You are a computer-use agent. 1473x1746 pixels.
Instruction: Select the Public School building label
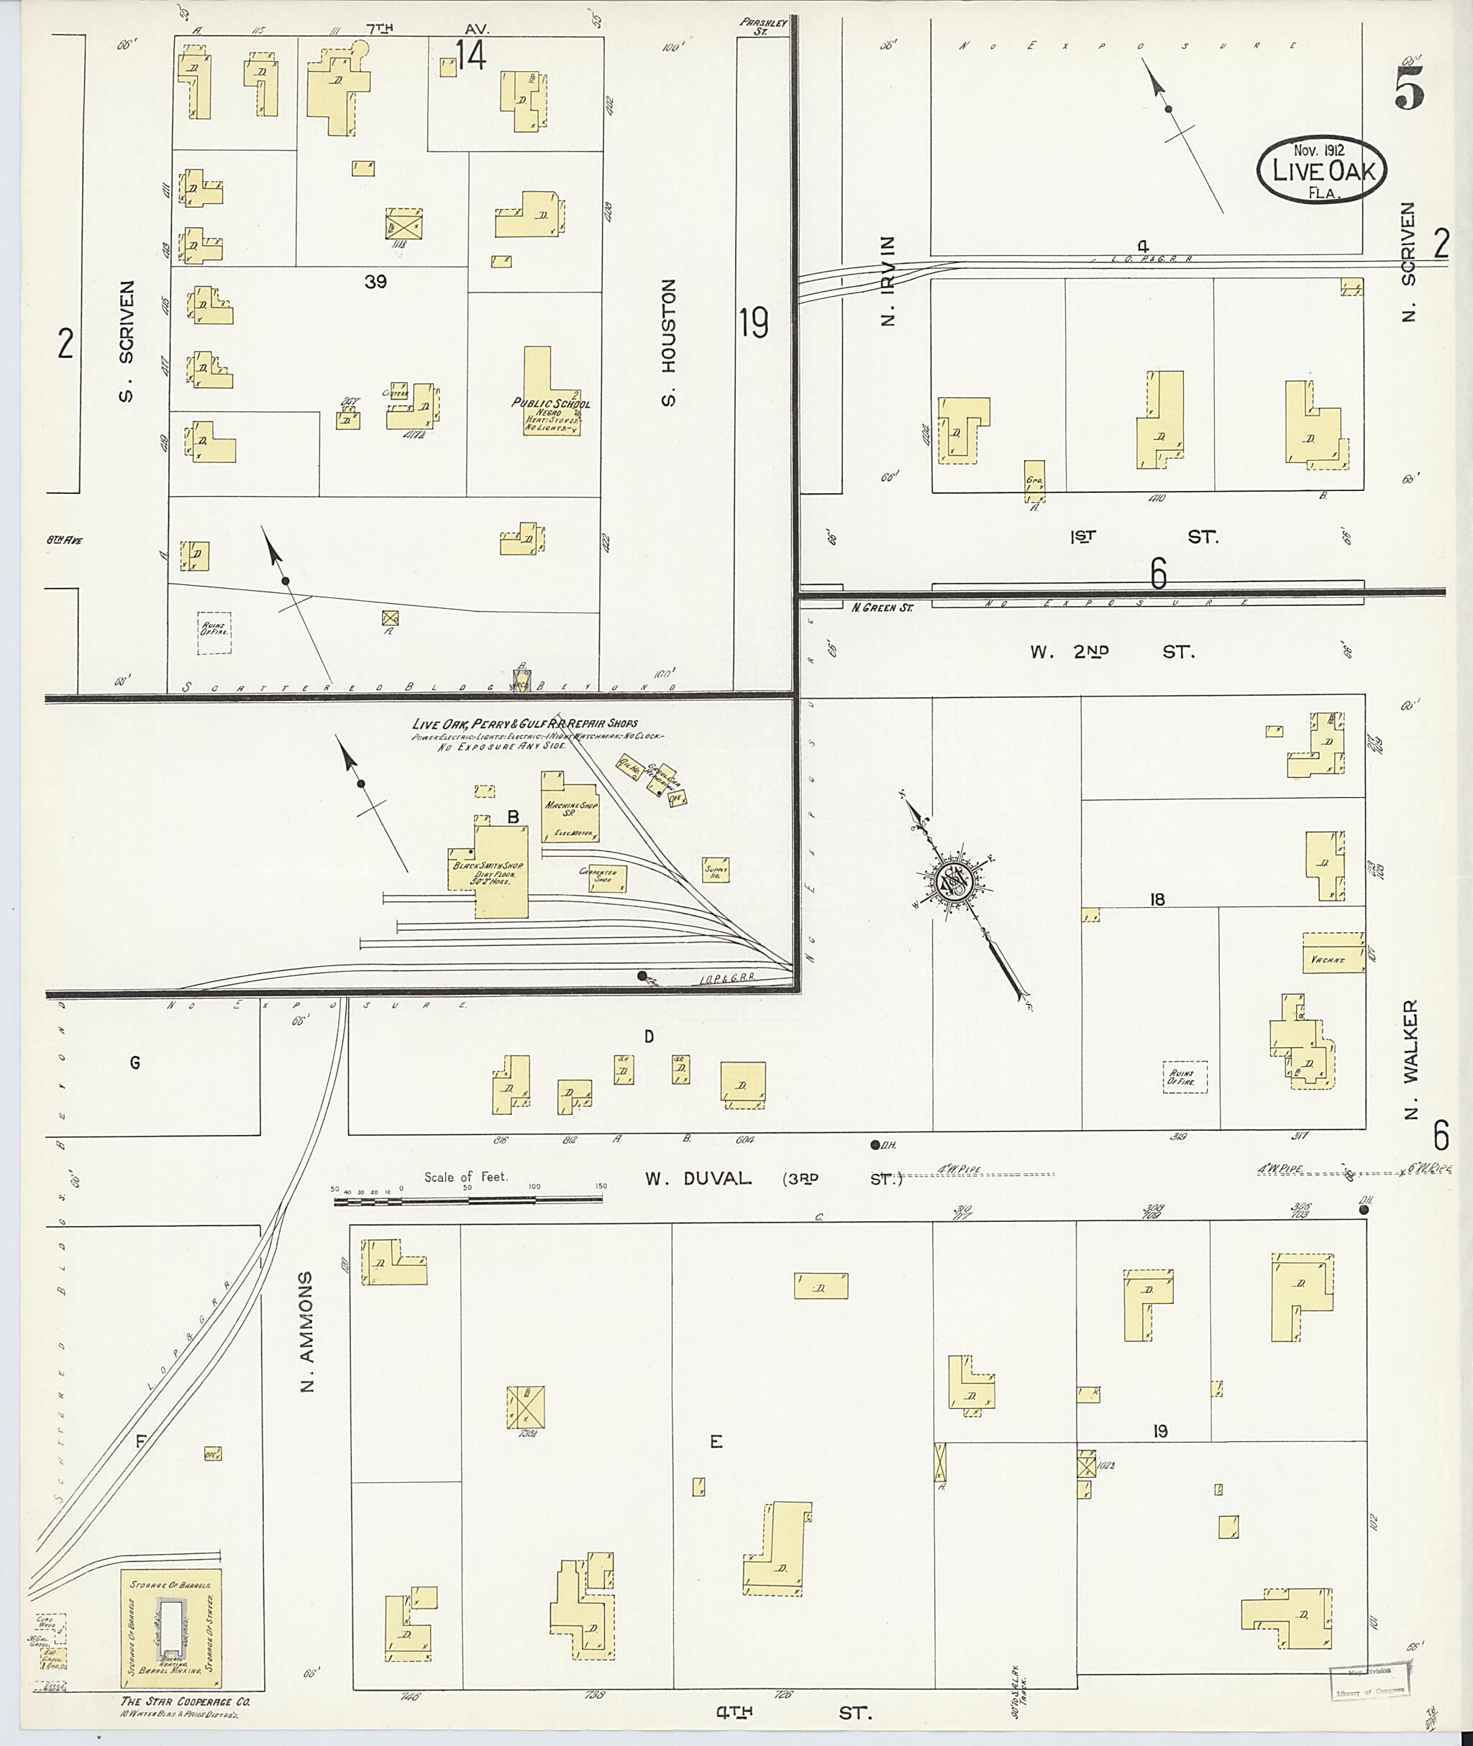tap(550, 404)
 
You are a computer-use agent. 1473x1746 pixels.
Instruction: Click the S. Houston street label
tap(668, 342)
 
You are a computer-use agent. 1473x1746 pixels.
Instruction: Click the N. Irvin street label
tap(889, 280)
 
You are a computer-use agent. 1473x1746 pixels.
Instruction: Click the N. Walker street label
tap(1410, 1056)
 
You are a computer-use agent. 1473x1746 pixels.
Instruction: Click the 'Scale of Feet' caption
tap(465, 1177)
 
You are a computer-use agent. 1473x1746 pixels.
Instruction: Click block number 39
tap(375, 281)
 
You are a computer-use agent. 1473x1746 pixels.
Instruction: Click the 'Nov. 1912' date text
tap(1318, 150)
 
